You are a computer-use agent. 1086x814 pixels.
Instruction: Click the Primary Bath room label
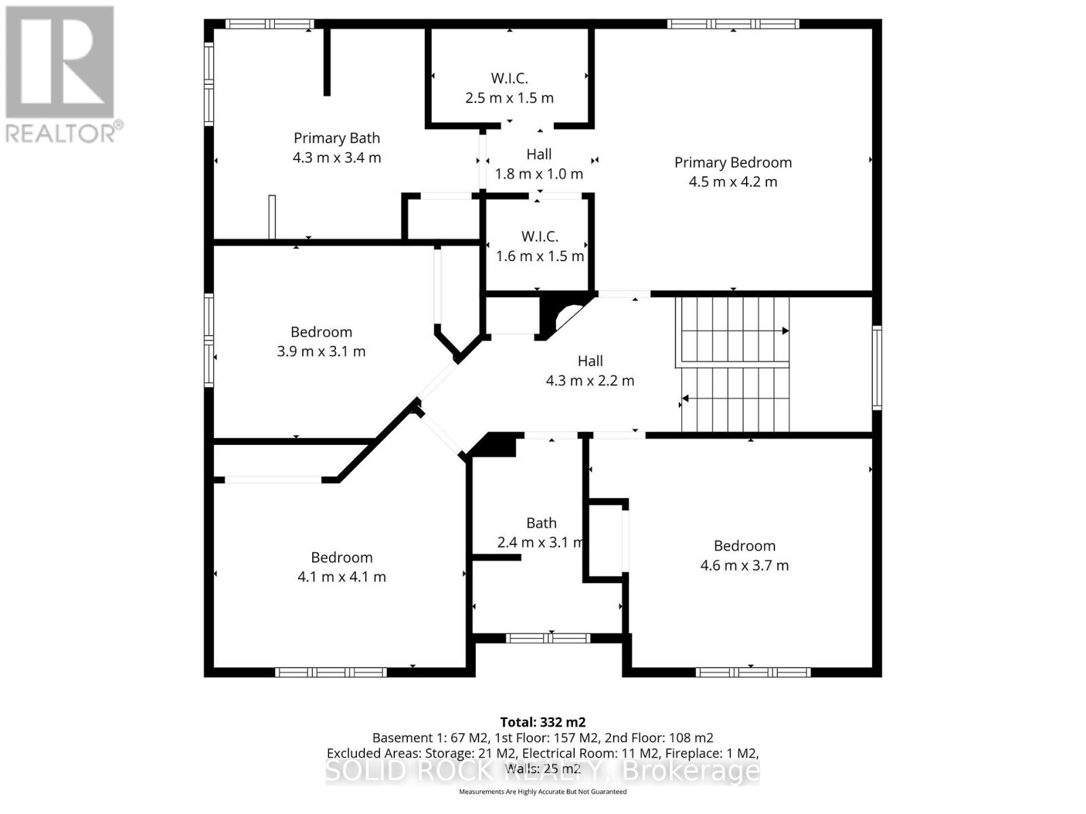337,138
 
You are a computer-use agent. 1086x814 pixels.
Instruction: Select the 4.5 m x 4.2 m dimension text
732,182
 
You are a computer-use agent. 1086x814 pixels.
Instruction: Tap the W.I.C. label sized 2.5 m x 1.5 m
509,79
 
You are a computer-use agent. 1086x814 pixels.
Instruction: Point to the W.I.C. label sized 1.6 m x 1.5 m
540,237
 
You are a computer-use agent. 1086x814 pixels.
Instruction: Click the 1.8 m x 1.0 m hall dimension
539,174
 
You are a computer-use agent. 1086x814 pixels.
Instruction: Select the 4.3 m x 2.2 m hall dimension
590,381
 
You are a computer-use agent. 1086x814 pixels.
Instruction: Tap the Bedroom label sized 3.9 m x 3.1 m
321,332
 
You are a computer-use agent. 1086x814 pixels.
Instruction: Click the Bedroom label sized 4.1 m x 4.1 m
341,558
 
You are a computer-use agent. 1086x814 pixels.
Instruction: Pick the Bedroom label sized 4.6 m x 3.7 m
744,546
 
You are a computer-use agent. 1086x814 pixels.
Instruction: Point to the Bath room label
541,523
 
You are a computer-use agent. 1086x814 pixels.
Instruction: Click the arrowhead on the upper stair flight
785,331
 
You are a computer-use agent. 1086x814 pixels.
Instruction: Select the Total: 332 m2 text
542,722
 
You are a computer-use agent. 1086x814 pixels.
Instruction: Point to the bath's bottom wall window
548,638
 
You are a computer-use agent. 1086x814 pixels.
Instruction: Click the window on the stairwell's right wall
876,367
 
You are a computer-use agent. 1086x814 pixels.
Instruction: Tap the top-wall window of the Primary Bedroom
732,24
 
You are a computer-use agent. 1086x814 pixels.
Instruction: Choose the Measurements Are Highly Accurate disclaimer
542,792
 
